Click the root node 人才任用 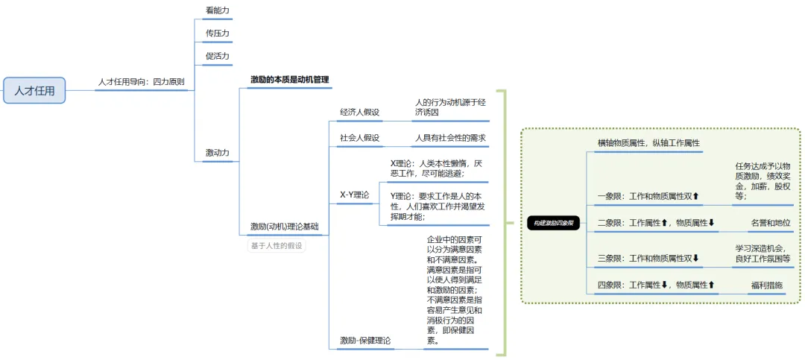pos(34,91)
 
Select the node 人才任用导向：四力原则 pos(142,82)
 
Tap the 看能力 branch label pos(217,10)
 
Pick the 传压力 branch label pos(217,34)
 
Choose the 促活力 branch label pos(217,56)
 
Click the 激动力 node pos(217,153)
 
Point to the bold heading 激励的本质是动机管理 pos(289,80)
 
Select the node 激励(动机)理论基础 pos(284,226)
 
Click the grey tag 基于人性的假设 pos(277,245)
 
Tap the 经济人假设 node pos(359,113)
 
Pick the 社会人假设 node pos(359,138)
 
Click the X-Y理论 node pos(354,195)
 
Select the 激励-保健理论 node pos(364,341)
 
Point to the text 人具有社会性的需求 pos(450,138)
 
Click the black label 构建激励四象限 pos(553,223)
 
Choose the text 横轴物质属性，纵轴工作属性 pos(648,142)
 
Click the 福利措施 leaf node pos(766,285)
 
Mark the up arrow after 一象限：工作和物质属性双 pos(696,197)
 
